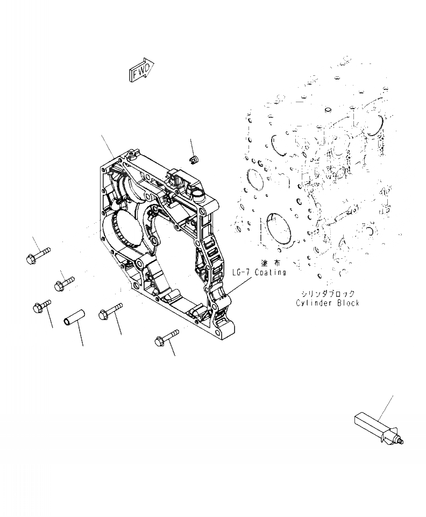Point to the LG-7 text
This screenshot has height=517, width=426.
242,273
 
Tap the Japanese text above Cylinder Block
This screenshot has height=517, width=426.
328,294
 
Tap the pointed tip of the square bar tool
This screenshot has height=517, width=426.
402,442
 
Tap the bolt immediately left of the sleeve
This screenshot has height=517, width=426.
42,306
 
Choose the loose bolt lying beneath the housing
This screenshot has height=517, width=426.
166,337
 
